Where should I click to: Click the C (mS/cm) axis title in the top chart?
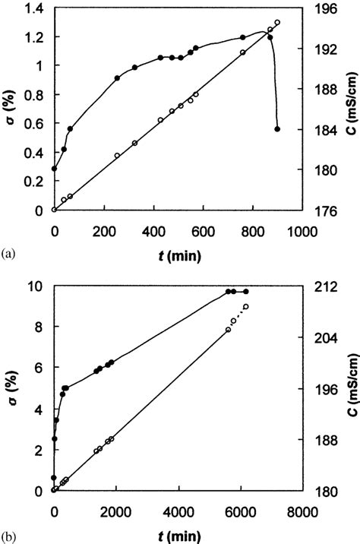[350, 109]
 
